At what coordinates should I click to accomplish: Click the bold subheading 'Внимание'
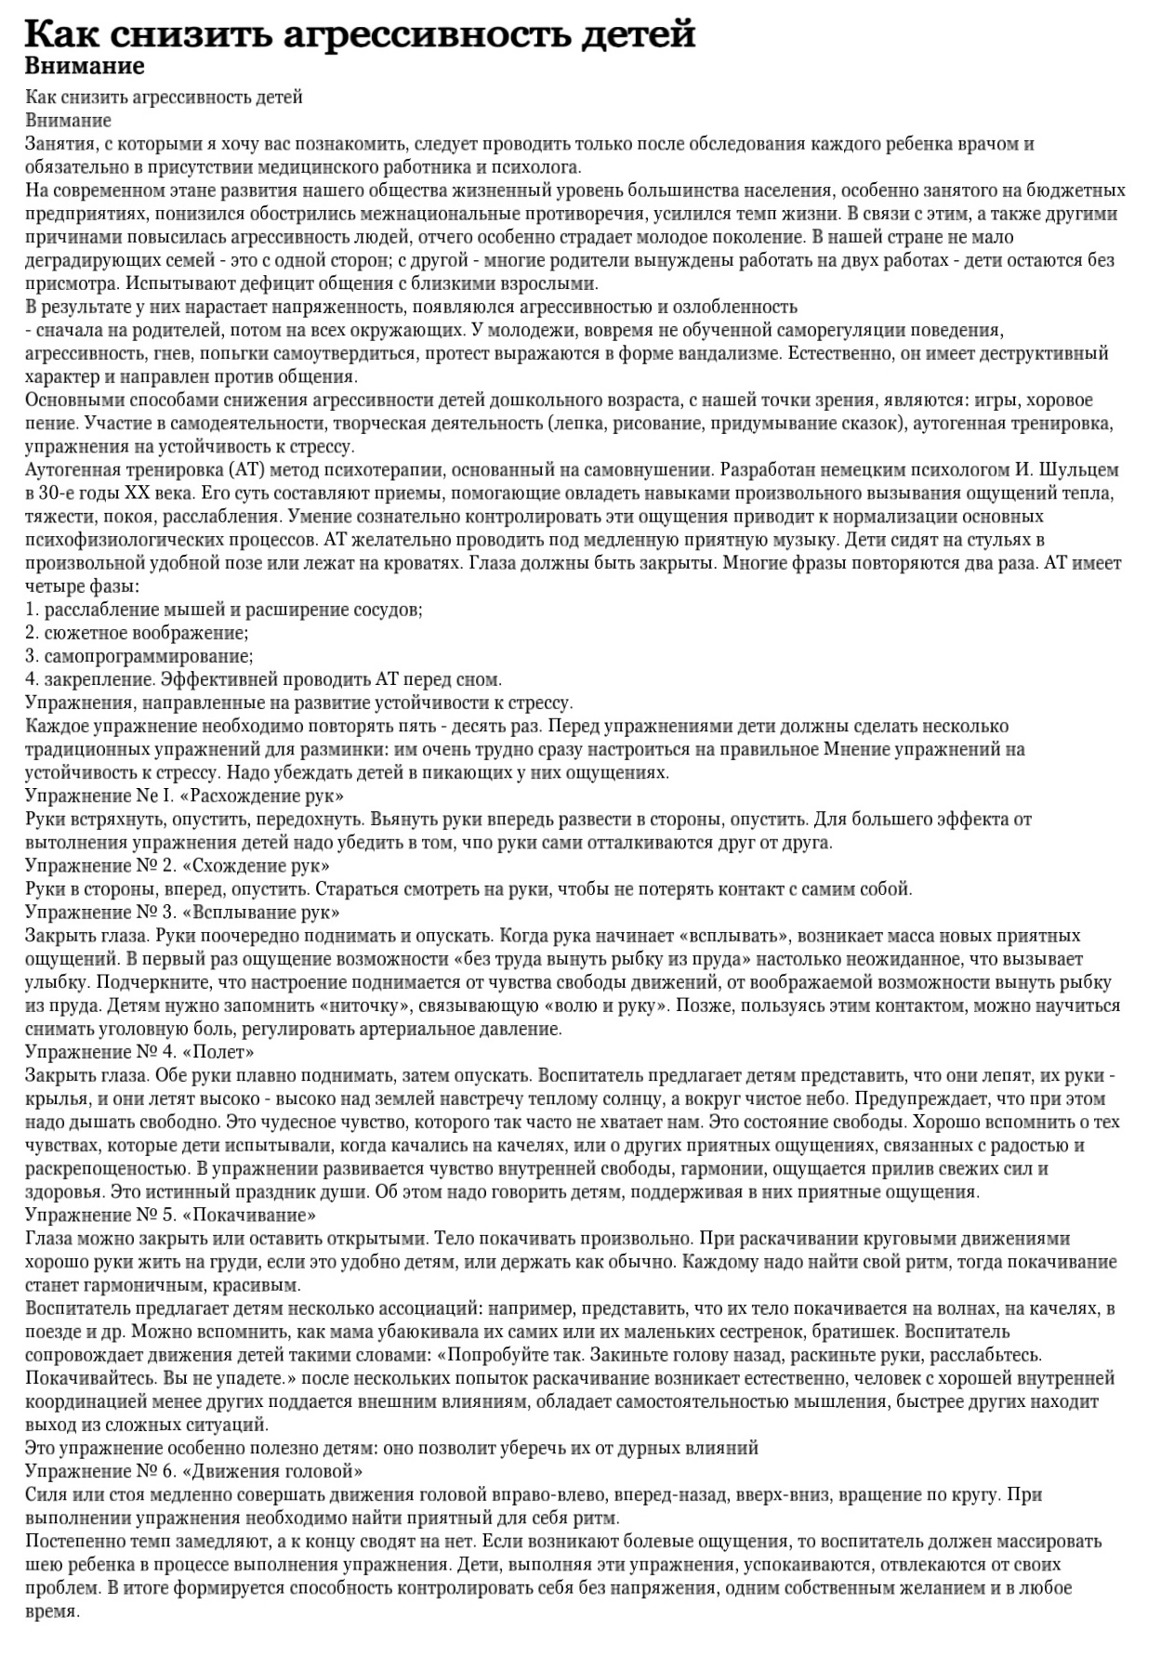point(85,67)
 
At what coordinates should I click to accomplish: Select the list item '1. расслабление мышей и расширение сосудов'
point(224,611)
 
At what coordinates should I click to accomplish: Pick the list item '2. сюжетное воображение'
point(137,634)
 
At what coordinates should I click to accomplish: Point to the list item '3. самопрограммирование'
point(139,657)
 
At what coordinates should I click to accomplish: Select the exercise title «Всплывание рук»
point(262,913)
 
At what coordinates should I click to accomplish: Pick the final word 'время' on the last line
point(52,1611)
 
